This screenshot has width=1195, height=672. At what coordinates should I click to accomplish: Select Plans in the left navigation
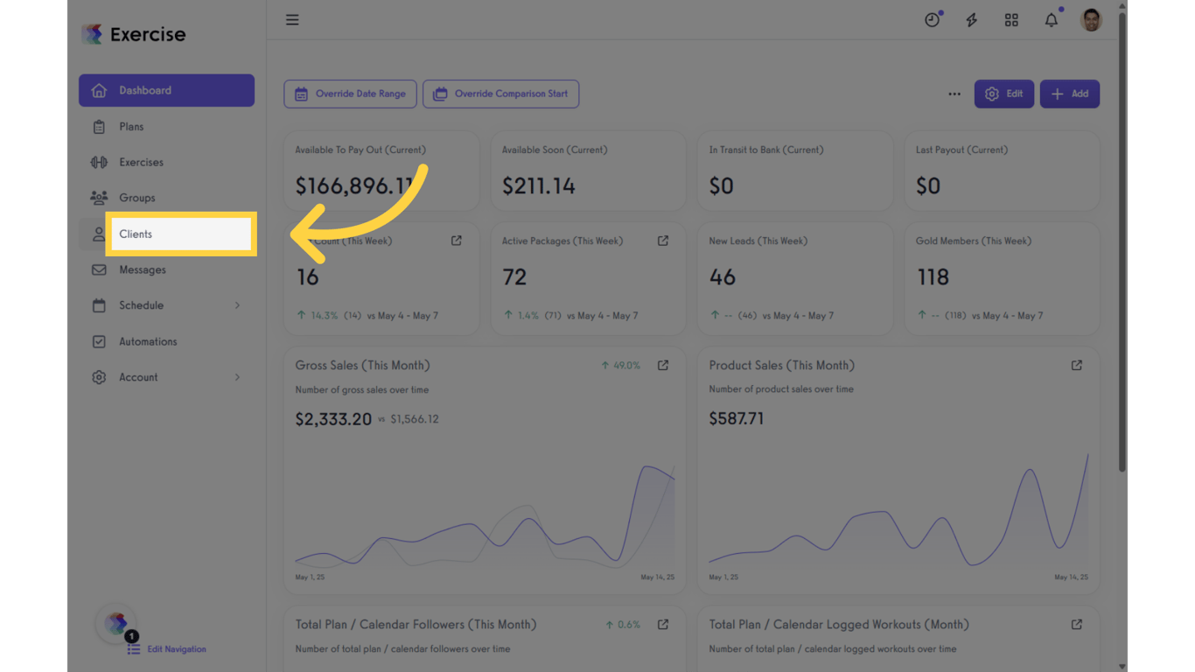click(131, 127)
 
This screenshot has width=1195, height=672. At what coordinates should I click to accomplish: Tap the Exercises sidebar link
click(141, 162)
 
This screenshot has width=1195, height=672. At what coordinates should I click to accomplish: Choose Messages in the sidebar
click(142, 269)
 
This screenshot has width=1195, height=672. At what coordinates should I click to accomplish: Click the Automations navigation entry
click(148, 341)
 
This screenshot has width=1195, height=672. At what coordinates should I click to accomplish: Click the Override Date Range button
click(350, 94)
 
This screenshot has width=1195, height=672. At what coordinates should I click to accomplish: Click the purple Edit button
click(1003, 94)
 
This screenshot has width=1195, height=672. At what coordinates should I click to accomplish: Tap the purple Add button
click(1069, 94)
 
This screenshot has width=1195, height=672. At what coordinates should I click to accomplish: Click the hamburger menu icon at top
click(292, 20)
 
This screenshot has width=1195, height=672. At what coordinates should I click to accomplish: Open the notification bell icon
click(1052, 20)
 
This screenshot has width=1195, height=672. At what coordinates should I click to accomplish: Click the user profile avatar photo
click(1091, 20)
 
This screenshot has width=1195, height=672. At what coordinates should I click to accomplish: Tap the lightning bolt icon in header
click(971, 20)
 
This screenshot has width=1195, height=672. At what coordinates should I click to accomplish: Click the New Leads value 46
click(723, 277)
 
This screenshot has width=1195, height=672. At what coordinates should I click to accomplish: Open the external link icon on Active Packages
click(663, 241)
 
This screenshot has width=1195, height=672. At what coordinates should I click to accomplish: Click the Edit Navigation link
click(176, 649)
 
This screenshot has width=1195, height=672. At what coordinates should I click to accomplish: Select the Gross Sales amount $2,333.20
click(333, 419)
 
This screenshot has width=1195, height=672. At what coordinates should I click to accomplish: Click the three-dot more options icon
click(954, 94)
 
